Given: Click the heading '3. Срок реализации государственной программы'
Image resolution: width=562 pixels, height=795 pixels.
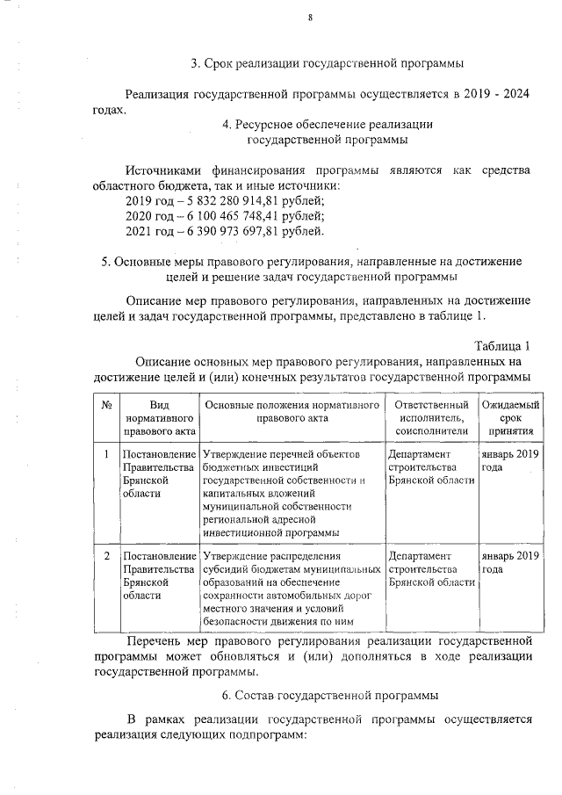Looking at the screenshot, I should tap(328, 63).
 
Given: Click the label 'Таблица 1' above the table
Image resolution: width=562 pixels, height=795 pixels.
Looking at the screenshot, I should tap(502, 344).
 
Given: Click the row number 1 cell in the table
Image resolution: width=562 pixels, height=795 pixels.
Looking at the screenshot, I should tap(105, 454).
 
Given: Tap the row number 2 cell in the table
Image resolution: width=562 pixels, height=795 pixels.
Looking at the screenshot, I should tap(105, 556).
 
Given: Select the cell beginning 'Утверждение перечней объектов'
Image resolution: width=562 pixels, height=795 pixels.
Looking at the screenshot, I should tap(291, 493).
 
